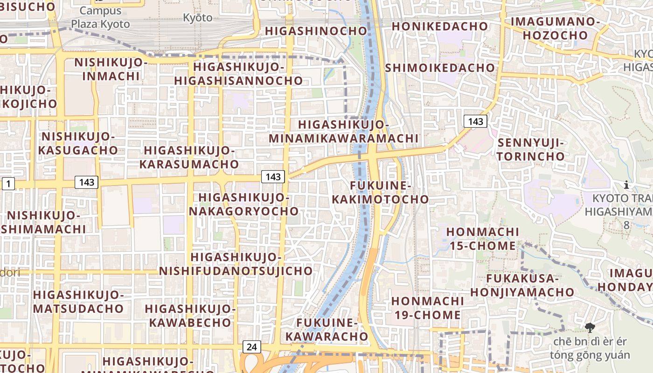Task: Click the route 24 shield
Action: click(x=252, y=347)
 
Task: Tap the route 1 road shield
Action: click(x=8, y=184)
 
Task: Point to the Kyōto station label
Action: click(x=197, y=18)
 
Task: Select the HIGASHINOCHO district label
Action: click(x=316, y=31)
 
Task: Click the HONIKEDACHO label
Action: click(x=439, y=26)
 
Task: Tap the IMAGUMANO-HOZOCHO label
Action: click(x=555, y=28)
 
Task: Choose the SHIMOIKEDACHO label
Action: click(x=440, y=68)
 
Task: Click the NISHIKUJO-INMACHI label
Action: click(x=111, y=69)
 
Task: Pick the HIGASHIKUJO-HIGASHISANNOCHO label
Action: click(x=239, y=74)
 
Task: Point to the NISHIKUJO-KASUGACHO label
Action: click(x=78, y=143)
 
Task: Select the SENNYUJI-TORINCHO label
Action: click(x=531, y=149)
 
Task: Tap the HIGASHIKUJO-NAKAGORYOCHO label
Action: click(x=243, y=204)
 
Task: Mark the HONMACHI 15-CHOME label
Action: click(x=483, y=238)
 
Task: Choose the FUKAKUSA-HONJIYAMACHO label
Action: click(x=522, y=285)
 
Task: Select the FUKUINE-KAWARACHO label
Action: click(x=327, y=329)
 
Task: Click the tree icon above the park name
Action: click(x=590, y=327)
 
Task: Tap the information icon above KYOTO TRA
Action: click(x=626, y=185)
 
